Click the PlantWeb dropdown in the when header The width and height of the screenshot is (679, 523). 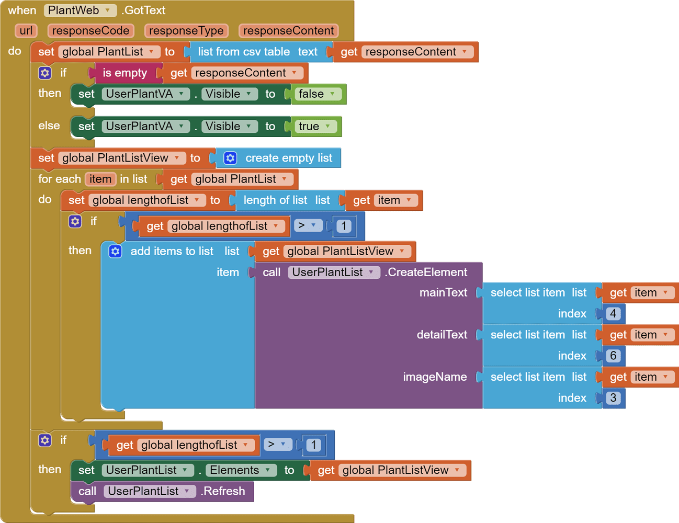[80, 10]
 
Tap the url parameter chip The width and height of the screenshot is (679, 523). [26, 31]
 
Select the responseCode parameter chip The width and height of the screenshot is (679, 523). [90, 31]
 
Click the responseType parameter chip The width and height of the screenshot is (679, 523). [186, 31]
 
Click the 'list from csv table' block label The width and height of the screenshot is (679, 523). [243, 52]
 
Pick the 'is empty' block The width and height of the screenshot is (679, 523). [125, 73]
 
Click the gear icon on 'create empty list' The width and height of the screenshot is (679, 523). [230, 158]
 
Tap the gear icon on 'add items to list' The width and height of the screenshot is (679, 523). [115, 252]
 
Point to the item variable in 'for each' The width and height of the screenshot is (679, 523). [100, 179]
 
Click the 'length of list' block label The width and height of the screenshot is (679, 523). [275, 200]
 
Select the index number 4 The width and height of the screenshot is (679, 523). [613, 314]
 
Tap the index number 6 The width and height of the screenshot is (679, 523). [613, 356]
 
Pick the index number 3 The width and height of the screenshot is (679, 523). [613, 398]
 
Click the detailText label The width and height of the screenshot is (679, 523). [442, 335]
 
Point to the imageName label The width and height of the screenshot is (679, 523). [435, 377]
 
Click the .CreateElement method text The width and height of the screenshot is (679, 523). [427, 272]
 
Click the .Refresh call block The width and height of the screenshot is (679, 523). [223, 491]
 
